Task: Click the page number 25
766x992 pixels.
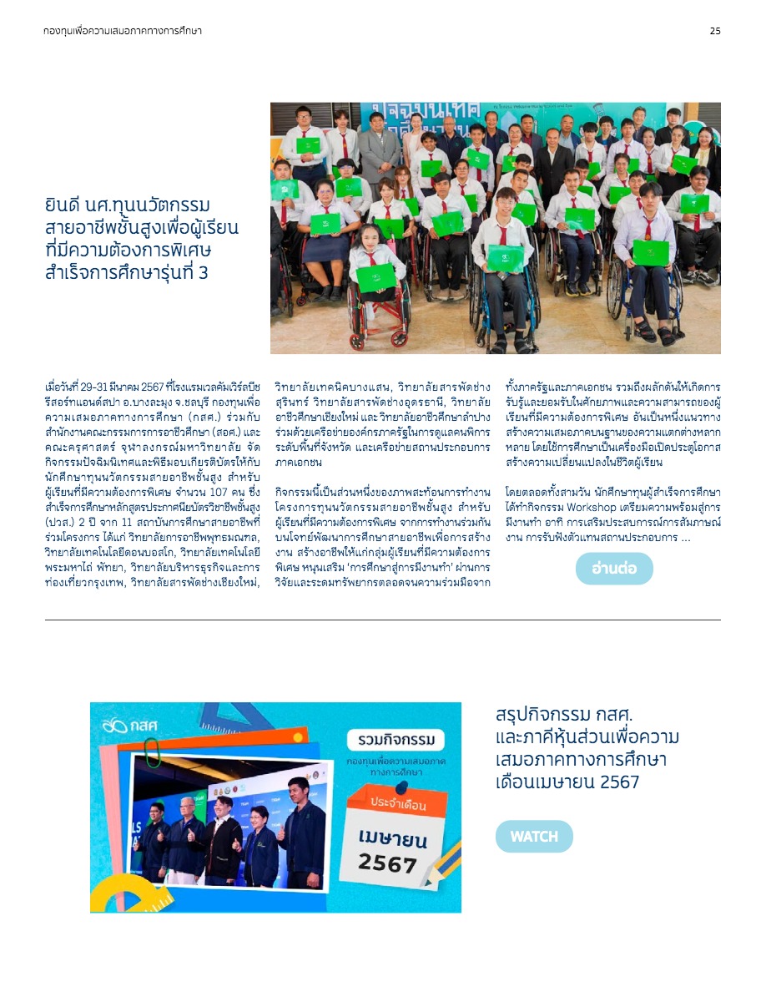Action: (x=715, y=31)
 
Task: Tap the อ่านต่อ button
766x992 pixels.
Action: (x=614, y=569)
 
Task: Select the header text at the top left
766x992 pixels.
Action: (x=123, y=31)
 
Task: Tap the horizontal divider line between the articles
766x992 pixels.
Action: (x=382, y=620)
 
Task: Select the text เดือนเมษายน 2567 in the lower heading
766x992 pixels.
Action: (x=567, y=782)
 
